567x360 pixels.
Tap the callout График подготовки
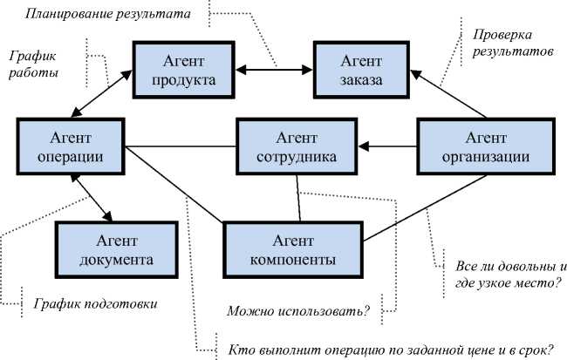(x=96, y=304)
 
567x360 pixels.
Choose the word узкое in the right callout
(x=499, y=282)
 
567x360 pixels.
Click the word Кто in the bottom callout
(x=240, y=350)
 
